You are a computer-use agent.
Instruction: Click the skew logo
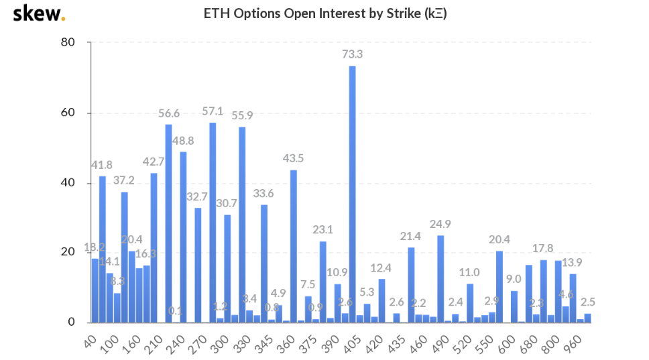pyautogui.click(x=39, y=13)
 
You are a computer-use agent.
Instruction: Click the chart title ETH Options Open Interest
pyautogui.click(x=324, y=13)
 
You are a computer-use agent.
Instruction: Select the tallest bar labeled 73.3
pyautogui.click(x=352, y=194)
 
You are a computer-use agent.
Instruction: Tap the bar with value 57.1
pyautogui.click(x=213, y=222)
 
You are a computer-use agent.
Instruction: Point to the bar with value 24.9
pyautogui.click(x=440, y=278)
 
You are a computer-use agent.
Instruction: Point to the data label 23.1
pyautogui.click(x=322, y=229)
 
